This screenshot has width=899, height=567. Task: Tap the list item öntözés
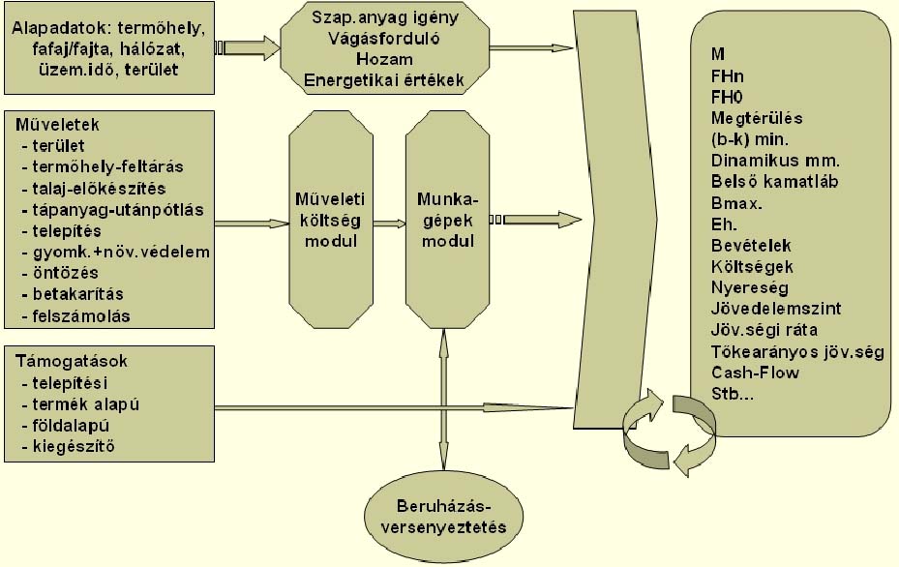tap(65, 273)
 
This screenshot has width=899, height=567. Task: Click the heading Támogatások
tap(72, 361)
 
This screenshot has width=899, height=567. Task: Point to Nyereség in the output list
tap(749, 287)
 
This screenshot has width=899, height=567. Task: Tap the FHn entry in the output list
tap(726, 75)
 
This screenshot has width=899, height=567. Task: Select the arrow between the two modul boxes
tap(389, 224)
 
